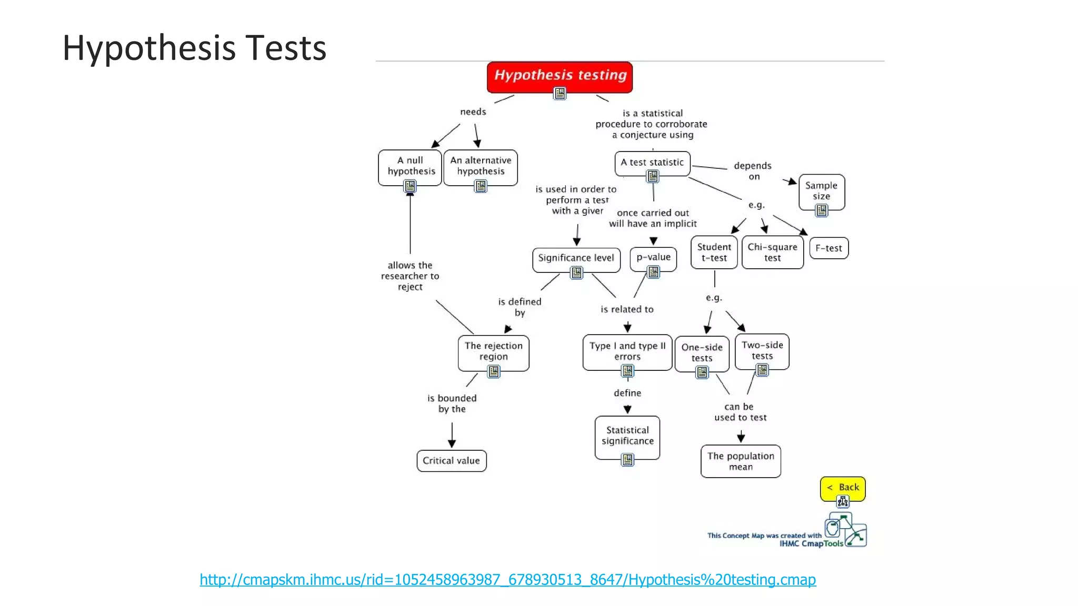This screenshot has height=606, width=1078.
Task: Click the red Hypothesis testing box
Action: pyautogui.click(x=560, y=76)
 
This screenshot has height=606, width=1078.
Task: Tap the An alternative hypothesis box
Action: pyautogui.click(x=481, y=166)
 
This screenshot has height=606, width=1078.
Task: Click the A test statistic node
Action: pyautogui.click(x=652, y=162)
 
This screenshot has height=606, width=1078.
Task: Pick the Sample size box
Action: pyautogui.click(x=821, y=190)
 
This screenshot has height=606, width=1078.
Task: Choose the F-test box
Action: pyautogui.click(x=829, y=248)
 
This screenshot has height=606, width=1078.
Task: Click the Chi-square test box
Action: pyautogui.click(x=772, y=252)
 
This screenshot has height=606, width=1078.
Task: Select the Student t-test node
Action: pyautogui.click(x=714, y=252)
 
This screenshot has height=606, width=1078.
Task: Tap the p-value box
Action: pyautogui.click(x=653, y=257)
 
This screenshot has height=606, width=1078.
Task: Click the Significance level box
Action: pyautogui.click(x=576, y=258)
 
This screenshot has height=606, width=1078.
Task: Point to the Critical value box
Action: pyautogui.click(x=451, y=461)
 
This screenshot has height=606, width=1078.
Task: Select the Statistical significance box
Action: pyautogui.click(x=627, y=436)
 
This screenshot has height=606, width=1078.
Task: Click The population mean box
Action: pyautogui.click(x=741, y=461)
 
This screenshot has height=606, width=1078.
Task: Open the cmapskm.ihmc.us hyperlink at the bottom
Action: pyautogui.click(x=507, y=580)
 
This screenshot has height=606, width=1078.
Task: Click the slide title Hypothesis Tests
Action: pyautogui.click(x=194, y=48)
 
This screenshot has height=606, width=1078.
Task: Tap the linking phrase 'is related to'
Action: pyautogui.click(x=627, y=309)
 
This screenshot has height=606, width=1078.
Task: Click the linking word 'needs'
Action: pyautogui.click(x=473, y=112)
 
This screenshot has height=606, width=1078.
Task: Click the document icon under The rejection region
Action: pyautogui.click(x=493, y=372)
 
